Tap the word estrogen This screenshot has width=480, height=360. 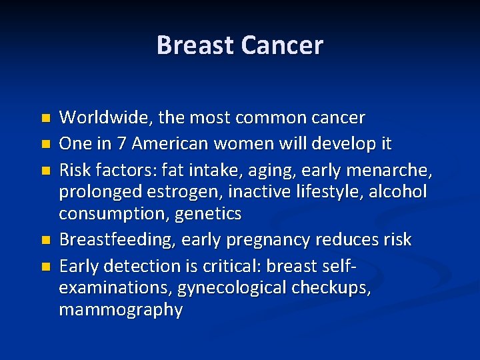coord(187,192)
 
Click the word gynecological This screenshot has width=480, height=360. coord(227,288)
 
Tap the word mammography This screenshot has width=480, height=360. coord(121,310)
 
